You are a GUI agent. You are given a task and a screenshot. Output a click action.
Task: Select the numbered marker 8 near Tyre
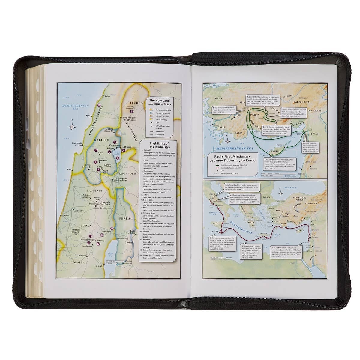pyautogui.click(x=99, y=105)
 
